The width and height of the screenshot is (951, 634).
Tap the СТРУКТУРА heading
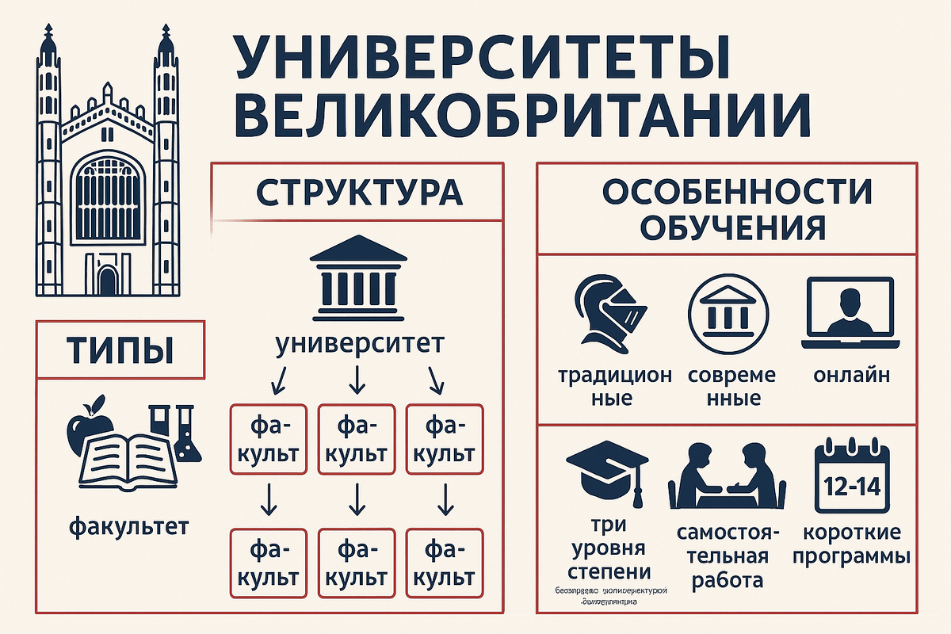click(360, 192)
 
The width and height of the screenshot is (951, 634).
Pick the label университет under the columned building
click(360, 345)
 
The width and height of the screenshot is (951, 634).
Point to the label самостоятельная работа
click(727, 555)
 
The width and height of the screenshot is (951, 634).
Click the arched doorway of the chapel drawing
click(108, 280)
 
